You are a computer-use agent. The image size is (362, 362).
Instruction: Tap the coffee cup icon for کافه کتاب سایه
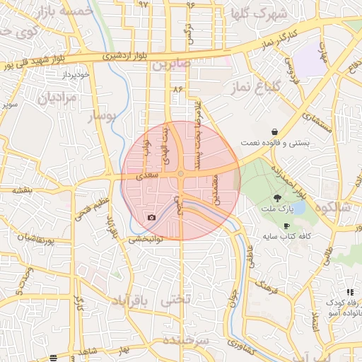click(286, 226)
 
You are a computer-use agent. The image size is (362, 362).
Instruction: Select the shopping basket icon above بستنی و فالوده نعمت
click(274, 132)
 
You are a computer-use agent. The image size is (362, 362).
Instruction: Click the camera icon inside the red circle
click(151, 217)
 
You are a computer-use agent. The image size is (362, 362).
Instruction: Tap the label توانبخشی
click(145, 239)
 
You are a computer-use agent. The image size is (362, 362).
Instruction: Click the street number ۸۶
click(177, 89)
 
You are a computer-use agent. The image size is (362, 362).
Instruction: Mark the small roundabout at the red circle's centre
click(181, 174)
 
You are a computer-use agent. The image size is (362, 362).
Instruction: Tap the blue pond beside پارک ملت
click(298, 208)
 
